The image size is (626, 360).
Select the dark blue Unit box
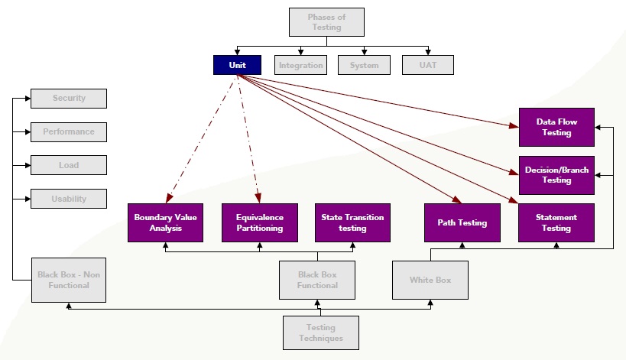click(237, 65)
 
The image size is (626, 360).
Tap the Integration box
click(300, 65)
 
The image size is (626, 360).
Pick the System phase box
click(364, 65)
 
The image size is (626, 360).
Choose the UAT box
click(427, 65)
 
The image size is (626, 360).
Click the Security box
click(69, 99)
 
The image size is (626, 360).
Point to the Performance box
click(69, 132)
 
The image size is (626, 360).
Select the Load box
click(69, 165)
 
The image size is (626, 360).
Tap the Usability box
click(69, 199)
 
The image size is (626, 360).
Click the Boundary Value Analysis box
click(165, 222)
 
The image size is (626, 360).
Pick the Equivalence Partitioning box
click(259, 222)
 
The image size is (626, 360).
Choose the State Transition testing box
click(352, 222)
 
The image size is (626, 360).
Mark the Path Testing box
click(462, 222)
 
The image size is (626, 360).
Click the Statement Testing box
click(556, 222)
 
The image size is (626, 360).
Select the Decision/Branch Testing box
click(556, 175)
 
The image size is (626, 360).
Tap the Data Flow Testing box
click(556, 127)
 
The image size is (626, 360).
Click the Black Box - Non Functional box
click(69, 280)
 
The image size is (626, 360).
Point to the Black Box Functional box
click(317, 280)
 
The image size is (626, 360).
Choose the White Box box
click(430, 280)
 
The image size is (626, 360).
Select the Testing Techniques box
click(320, 332)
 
